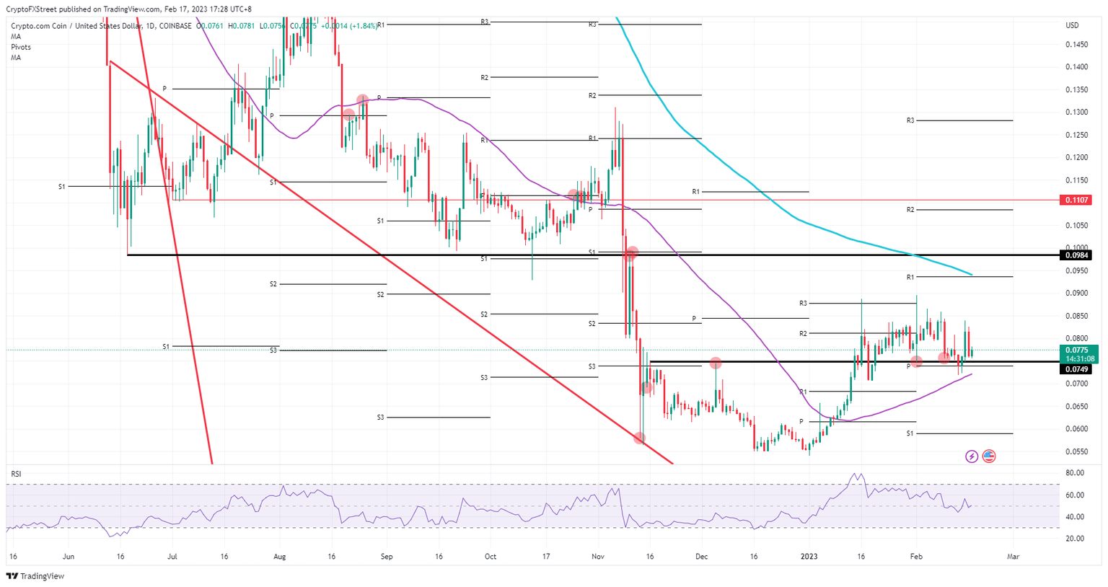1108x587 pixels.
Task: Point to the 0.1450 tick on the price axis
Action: click(1076, 45)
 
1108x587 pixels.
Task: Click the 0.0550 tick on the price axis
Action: click(1076, 451)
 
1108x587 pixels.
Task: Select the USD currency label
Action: click(1072, 26)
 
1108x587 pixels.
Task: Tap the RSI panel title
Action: click(16, 474)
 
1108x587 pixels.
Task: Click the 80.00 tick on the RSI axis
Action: click(1074, 473)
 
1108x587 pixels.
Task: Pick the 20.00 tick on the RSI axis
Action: click(1074, 539)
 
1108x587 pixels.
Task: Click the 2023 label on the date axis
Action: click(809, 557)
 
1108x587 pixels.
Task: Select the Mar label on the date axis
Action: click(1013, 557)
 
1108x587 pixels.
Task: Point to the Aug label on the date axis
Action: click(280, 557)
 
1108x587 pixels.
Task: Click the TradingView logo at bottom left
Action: click(35, 576)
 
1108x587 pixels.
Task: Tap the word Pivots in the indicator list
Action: click(21, 47)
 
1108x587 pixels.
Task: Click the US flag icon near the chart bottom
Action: click(989, 456)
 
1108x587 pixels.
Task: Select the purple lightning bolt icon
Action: click(972, 456)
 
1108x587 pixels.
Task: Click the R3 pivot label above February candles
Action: click(910, 120)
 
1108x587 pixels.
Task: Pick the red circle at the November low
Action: click(639, 438)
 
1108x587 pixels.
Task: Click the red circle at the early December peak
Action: click(716, 363)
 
